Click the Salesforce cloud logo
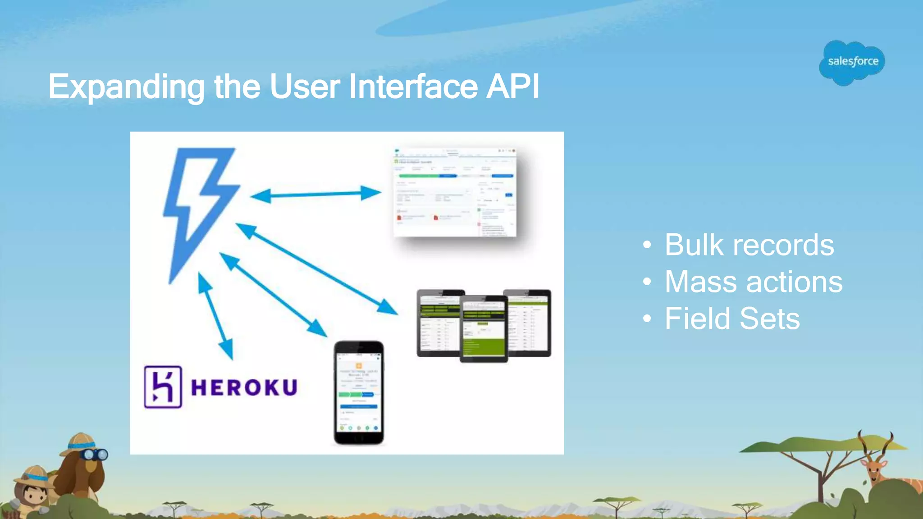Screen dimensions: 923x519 pos(852,62)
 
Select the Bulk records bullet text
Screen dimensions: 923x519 pos(749,245)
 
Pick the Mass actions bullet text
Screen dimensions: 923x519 pos(754,282)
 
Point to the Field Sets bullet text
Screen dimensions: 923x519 pos(732,319)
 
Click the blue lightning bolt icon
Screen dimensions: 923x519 pos(198,207)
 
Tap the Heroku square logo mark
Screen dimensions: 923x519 pos(163,387)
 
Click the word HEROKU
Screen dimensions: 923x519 pos(244,387)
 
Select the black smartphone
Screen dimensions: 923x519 pos(359,392)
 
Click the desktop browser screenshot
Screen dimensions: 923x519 pos(454,192)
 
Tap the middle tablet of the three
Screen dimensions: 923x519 pos(484,328)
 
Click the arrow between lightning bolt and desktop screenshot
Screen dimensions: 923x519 pos(315,195)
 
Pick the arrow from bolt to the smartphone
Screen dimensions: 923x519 pos(273,295)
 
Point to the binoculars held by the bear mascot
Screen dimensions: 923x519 pos(95,455)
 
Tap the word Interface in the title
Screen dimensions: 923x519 pos(413,86)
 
